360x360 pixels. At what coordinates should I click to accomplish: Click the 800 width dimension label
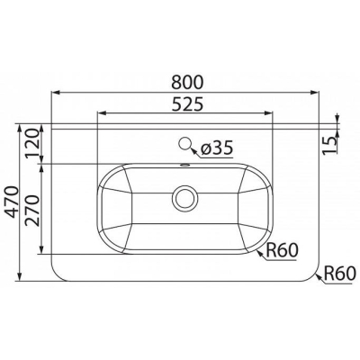(x=188, y=82)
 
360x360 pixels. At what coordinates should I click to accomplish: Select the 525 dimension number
(x=188, y=103)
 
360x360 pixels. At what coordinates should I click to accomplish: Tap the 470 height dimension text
(x=13, y=202)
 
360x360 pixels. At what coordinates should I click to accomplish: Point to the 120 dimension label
(x=32, y=143)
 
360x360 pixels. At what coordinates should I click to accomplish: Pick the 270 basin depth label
(x=32, y=210)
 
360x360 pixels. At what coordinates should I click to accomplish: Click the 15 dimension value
(x=329, y=146)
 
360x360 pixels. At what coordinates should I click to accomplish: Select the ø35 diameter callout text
(x=217, y=148)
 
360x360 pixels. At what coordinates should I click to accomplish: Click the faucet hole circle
(x=185, y=144)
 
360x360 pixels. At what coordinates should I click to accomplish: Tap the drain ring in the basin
(x=185, y=198)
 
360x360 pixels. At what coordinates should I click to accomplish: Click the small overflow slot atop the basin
(x=185, y=165)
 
